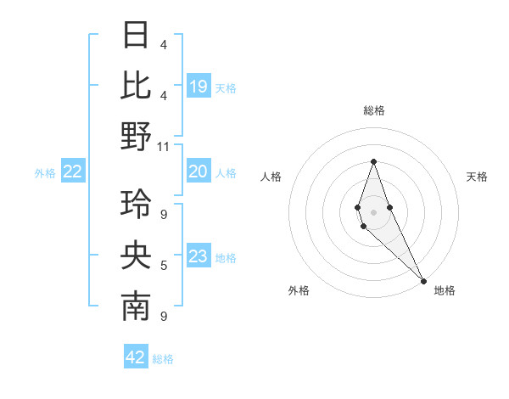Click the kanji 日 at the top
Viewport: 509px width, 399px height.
coord(136,36)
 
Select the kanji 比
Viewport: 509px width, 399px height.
coord(136,85)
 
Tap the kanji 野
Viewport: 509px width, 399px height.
coord(136,136)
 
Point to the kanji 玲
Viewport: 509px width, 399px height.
coord(136,204)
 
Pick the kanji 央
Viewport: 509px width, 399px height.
coord(136,255)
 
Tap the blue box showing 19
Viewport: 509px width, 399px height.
coord(199,87)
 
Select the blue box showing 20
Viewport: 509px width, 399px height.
coord(199,172)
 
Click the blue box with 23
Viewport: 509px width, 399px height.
coord(199,257)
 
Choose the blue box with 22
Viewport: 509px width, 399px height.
coord(73,172)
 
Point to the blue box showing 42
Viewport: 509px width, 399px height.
coord(136,357)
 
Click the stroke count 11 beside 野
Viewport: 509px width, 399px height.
coord(164,147)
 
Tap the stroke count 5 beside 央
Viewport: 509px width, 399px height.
coord(164,266)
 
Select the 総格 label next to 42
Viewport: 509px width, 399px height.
coord(163,359)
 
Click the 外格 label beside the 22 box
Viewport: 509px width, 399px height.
coord(45,173)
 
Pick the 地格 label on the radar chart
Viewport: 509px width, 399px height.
coord(445,290)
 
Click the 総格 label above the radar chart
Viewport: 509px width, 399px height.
coord(373,110)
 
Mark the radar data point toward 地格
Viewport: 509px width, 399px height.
coord(423,280)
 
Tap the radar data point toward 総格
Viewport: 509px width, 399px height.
coord(373,161)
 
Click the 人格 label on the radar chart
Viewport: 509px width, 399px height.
coord(271,177)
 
